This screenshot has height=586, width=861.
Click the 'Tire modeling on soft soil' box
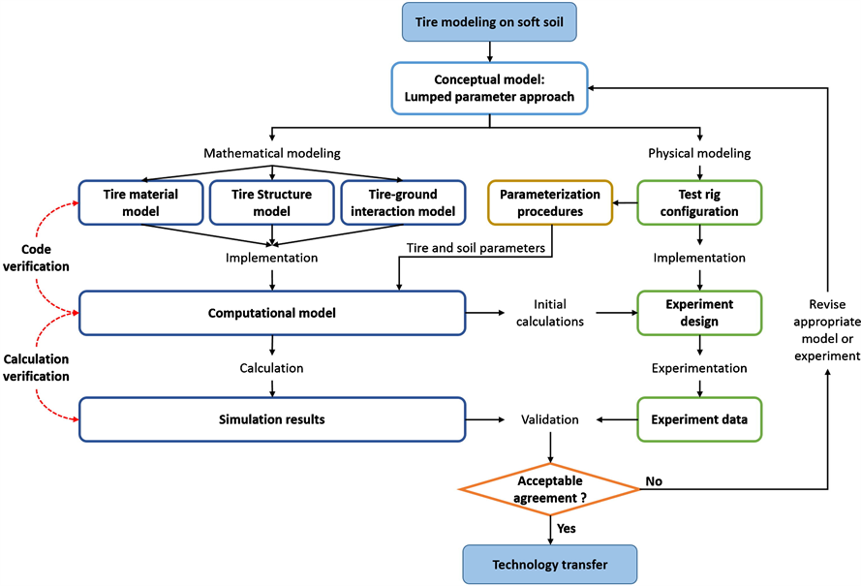489,21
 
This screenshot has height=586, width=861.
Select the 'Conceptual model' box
489,87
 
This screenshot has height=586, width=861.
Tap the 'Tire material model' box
140,202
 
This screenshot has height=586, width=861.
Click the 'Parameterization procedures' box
550,202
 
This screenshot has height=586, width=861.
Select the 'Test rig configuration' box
697,202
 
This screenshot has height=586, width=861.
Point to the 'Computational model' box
271,313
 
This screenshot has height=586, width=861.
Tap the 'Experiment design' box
697,313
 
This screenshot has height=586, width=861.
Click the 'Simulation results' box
271,419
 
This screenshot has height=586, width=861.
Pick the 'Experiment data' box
697,419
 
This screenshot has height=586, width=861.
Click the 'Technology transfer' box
550,565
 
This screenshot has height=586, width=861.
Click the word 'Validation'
550,420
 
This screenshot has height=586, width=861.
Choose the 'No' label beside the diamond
656,480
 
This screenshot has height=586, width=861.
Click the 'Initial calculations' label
550,313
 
